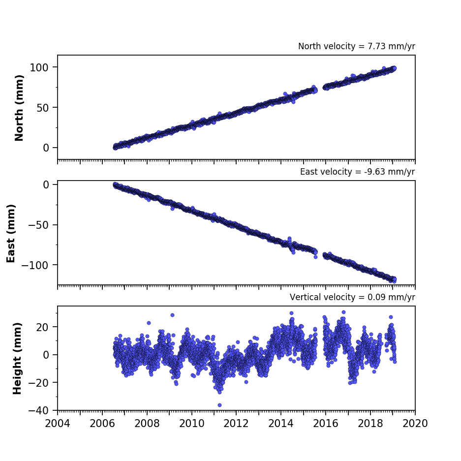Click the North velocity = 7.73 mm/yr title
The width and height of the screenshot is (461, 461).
(x=357, y=46)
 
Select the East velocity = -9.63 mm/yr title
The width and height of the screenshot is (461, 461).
(x=358, y=172)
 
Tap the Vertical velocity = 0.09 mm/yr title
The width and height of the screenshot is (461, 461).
(x=352, y=297)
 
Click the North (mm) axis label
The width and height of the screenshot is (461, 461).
(x=19, y=108)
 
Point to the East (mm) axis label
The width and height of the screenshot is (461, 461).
(x=11, y=233)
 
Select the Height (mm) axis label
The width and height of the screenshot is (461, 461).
(x=17, y=358)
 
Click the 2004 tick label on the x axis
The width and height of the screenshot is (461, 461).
(x=58, y=424)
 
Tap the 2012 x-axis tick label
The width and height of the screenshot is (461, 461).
(x=236, y=424)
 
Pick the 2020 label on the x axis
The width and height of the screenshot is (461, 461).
(x=415, y=424)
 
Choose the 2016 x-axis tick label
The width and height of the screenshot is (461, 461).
(x=326, y=424)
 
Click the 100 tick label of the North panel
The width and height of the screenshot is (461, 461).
(x=39, y=67)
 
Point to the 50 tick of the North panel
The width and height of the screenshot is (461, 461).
(x=42, y=108)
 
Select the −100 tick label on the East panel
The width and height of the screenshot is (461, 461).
(x=35, y=265)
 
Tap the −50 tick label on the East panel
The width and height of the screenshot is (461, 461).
(x=38, y=225)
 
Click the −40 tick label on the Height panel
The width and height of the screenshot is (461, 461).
(x=38, y=410)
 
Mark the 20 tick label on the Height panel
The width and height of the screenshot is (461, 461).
(x=42, y=327)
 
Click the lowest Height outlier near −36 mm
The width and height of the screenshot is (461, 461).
(x=219, y=405)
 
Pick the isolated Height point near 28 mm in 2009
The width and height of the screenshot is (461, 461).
(x=172, y=315)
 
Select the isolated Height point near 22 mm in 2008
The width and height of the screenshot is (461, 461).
(x=149, y=323)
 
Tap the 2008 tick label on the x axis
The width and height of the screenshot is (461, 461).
(x=147, y=424)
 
